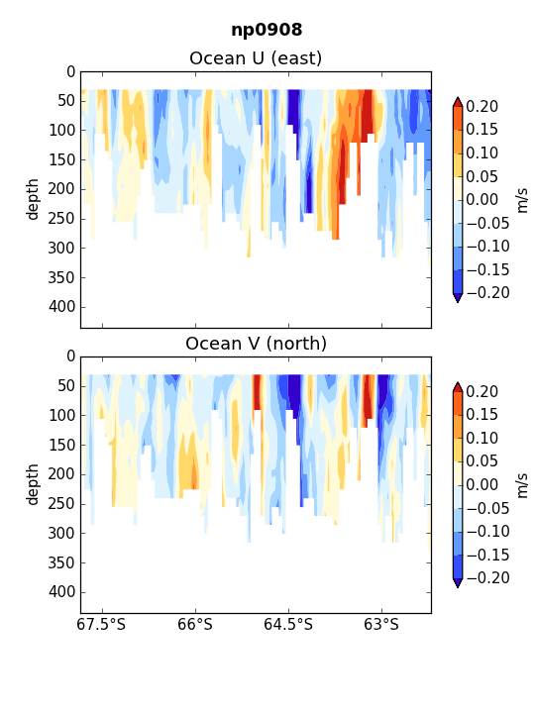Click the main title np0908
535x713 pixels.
tap(267, 30)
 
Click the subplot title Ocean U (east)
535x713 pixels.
tap(256, 58)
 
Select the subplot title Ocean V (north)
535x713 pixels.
tap(257, 344)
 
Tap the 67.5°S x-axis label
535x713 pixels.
tap(101, 624)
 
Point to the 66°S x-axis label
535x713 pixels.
tap(195, 624)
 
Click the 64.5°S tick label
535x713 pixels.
tap(288, 624)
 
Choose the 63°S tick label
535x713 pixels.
tap(381, 624)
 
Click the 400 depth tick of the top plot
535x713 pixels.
tap(61, 307)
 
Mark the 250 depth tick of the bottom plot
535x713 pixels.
tap(61, 504)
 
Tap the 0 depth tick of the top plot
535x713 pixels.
tap(71, 72)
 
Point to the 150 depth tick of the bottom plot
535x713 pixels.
tap(61, 446)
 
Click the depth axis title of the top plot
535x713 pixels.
tap(33, 200)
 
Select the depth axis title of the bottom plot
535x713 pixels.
tap(33, 484)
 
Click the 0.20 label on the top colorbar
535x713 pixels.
tap(481, 106)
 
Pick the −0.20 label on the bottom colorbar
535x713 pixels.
tap(487, 578)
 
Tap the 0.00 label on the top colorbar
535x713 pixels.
tap(481, 200)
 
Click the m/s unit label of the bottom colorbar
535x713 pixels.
tap(523, 485)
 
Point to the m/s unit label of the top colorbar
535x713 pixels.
tap(523, 200)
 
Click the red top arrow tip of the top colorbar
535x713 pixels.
tap(458, 97)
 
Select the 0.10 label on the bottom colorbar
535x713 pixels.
tap(481, 439)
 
